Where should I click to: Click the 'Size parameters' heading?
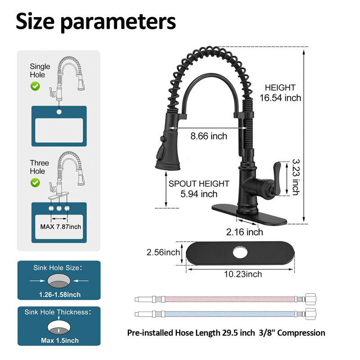click(96, 22)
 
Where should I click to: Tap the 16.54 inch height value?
click(280, 98)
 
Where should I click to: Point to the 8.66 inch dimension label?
click(209, 136)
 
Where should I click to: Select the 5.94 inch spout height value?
click(199, 194)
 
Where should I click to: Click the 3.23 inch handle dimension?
click(296, 177)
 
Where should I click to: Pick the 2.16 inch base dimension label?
click(244, 232)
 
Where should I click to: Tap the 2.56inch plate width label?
click(163, 252)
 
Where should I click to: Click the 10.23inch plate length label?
click(243, 274)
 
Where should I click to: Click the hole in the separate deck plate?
click(240, 252)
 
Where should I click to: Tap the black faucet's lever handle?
click(277, 179)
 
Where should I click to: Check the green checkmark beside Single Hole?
click(35, 86)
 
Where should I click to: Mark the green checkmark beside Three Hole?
click(35, 183)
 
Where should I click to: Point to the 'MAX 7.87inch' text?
click(61, 227)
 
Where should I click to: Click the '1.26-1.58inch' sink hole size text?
click(60, 295)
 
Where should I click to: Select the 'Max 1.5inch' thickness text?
click(60, 341)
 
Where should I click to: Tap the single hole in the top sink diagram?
click(59, 112)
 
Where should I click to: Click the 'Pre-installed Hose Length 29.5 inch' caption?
click(191, 333)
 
